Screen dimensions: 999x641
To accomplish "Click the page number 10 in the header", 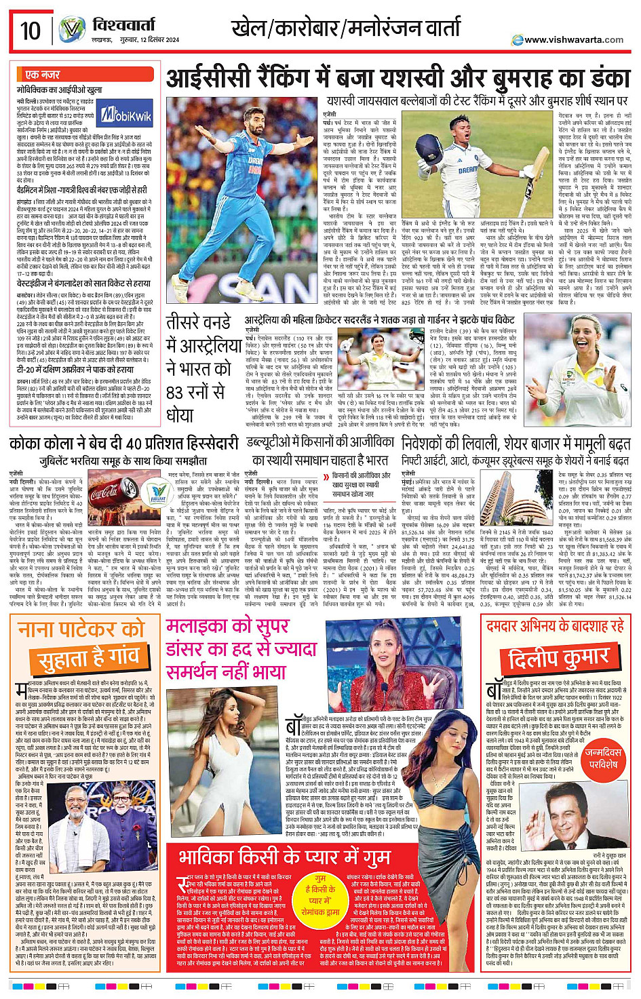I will pos(31,31).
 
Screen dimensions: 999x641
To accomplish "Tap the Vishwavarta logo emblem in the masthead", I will pos(72,30).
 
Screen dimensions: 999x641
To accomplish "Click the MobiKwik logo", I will pos(127,116).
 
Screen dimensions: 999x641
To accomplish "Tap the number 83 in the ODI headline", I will pos(176,393).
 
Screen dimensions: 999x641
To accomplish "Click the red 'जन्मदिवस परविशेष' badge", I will pos(602,758).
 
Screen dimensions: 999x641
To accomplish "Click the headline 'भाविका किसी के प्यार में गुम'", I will pos(285,857).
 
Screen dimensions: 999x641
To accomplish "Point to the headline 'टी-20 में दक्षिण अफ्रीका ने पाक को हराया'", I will pos(75,370).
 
